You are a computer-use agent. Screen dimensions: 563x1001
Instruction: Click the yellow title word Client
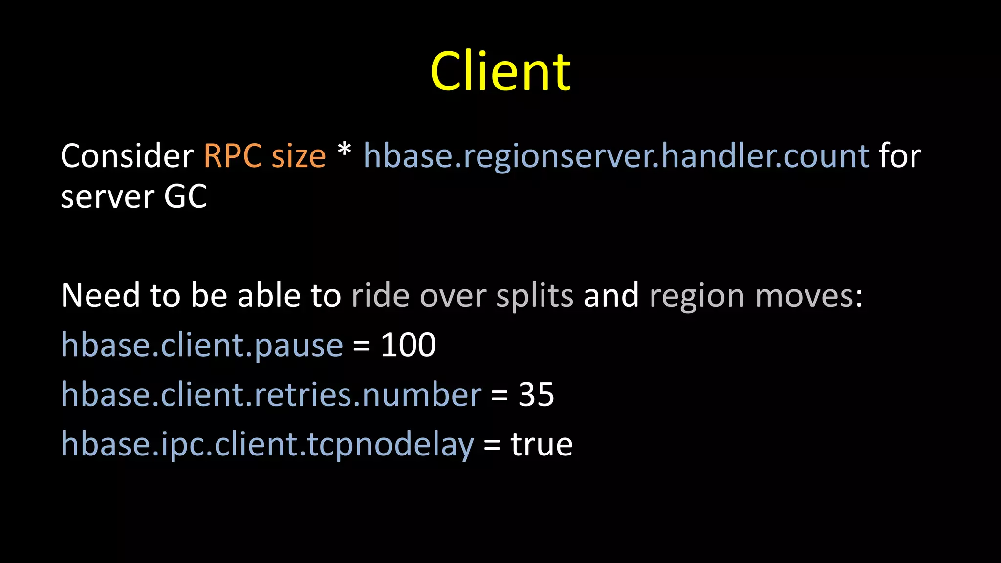tap(500, 72)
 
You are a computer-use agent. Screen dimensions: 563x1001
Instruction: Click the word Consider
tap(127, 156)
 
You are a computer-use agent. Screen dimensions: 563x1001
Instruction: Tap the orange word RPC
tap(233, 156)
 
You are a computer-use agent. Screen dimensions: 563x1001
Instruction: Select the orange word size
tap(298, 157)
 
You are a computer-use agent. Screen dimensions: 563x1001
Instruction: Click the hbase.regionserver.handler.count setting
tap(616, 156)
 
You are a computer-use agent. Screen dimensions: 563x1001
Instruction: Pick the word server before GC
tap(107, 197)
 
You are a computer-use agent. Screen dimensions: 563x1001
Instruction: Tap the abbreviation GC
tap(185, 196)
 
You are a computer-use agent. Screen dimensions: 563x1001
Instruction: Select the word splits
tap(534, 296)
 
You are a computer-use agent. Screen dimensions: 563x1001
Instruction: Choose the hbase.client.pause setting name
tap(202, 346)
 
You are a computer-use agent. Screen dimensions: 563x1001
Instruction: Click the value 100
tap(408, 345)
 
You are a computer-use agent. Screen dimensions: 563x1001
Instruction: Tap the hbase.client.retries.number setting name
tap(271, 394)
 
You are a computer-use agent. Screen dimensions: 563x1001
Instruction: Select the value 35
tap(536, 394)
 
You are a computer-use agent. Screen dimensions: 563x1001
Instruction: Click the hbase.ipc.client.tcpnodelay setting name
tap(267, 445)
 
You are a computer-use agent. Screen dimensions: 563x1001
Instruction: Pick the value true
tap(542, 444)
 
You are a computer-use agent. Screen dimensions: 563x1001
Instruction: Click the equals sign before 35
tap(500, 395)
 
